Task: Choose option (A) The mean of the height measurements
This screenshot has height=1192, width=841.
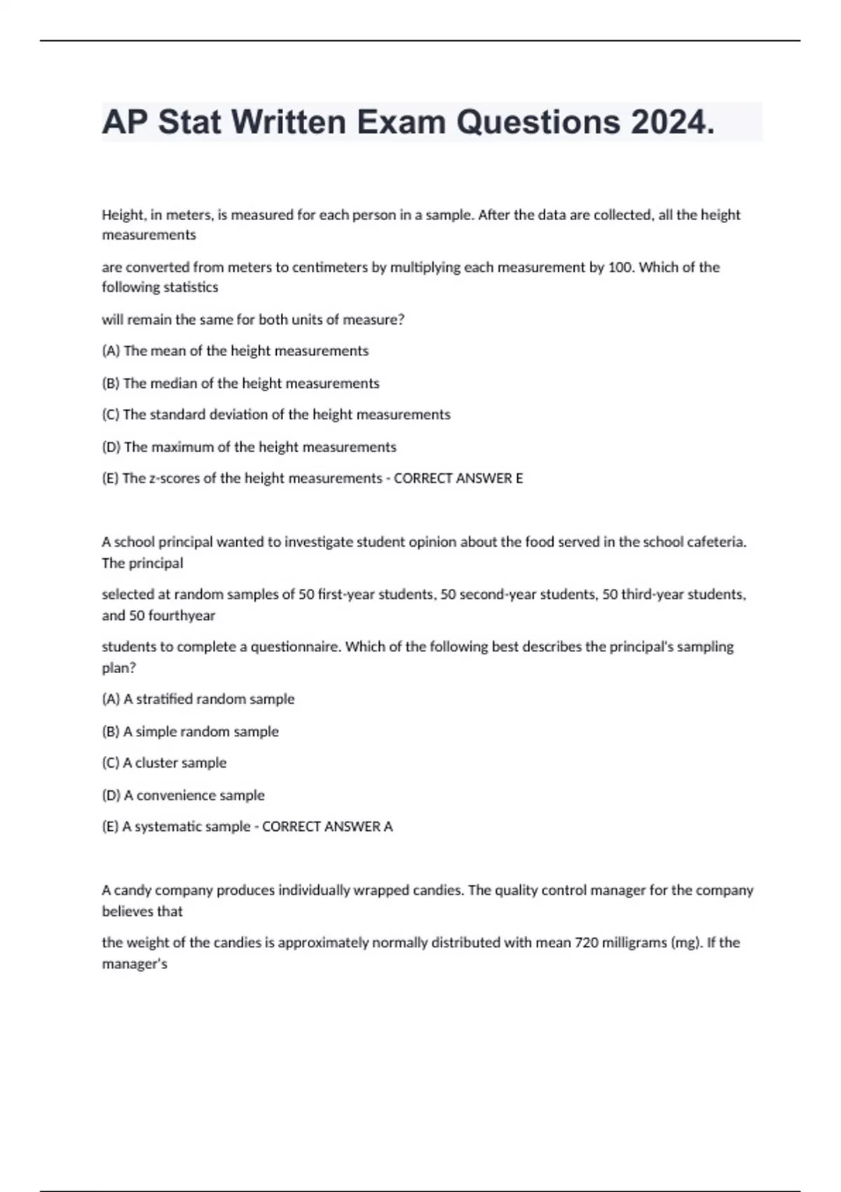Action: (x=235, y=351)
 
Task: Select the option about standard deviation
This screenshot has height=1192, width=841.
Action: (x=276, y=414)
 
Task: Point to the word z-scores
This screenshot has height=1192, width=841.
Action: (x=174, y=478)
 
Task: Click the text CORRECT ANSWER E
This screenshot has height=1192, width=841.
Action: (x=458, y=478)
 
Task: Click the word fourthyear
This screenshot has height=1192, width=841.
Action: (x=182, y=616)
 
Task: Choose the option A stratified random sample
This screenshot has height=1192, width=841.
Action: (x=198, y=699)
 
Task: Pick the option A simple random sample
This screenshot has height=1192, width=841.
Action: (x=191, y=731)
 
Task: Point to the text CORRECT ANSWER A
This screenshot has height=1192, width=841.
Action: (x=327, y=827)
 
